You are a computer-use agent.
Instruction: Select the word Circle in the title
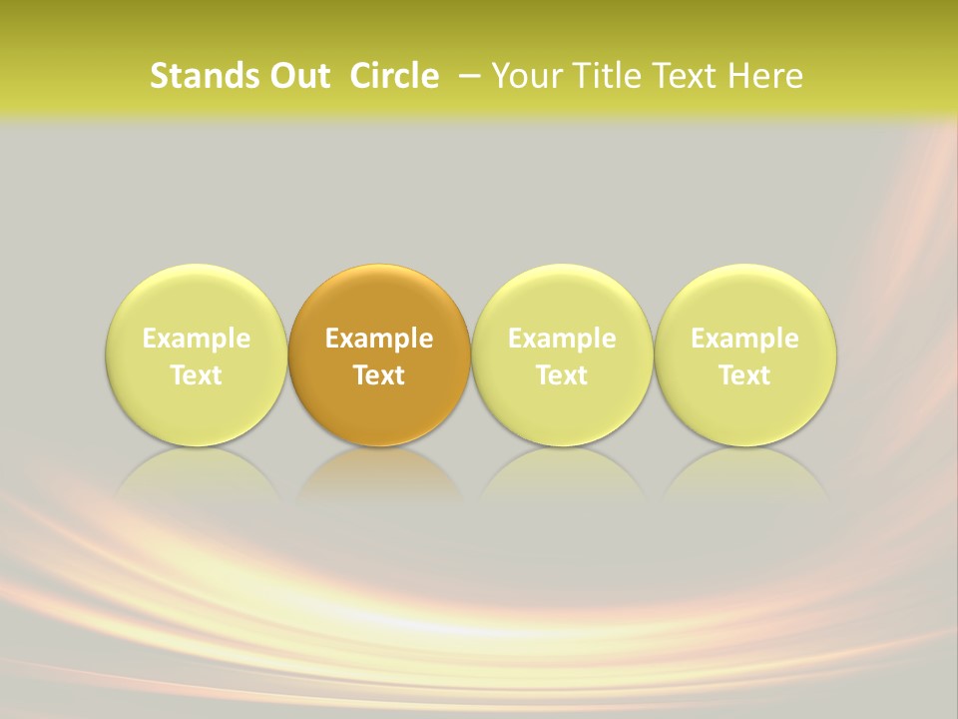[394, 76]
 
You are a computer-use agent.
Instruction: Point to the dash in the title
[470, 76]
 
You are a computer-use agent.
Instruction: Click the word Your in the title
[524, 76]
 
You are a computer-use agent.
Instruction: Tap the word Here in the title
[765, 76]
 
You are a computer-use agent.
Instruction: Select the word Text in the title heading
[681, 76]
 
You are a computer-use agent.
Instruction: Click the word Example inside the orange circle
[379, 339]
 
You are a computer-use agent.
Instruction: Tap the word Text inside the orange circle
[379, 375]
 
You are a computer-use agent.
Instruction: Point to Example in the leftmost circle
[197, 339]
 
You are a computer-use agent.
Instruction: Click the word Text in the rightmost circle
[745, 375]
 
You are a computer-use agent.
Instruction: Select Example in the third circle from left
[562, 339]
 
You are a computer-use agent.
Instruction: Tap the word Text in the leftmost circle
[197, 375]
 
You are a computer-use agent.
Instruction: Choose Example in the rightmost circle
[745, 339]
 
